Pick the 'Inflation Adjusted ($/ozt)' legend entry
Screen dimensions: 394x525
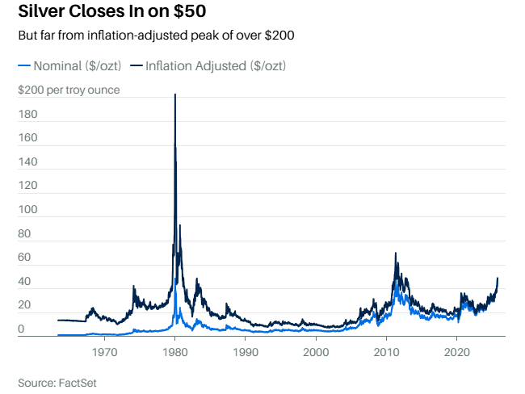pyautogui.click(x=208, y=65)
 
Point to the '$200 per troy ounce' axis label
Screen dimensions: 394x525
pyautogui.click(x=69, y=90)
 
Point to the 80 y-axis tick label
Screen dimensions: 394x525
pyautogui.click(x=25, y=234)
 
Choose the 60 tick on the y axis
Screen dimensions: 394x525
pyautogui.click(x=25, y=258)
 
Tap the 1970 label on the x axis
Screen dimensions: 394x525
pyautogui.click(x=104, y=352)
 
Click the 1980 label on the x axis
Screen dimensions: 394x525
pyautogui.click(x=175, y=352)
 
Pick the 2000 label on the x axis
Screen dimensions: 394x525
pyautogui.click(x=317, y=352)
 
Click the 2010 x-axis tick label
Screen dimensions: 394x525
pyautogui.click(x=387, y=352)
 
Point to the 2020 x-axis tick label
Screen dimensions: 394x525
pyautogui.click(x=457, y=352)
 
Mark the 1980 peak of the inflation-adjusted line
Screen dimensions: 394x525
pyautogui.click(x=175, y=95)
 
